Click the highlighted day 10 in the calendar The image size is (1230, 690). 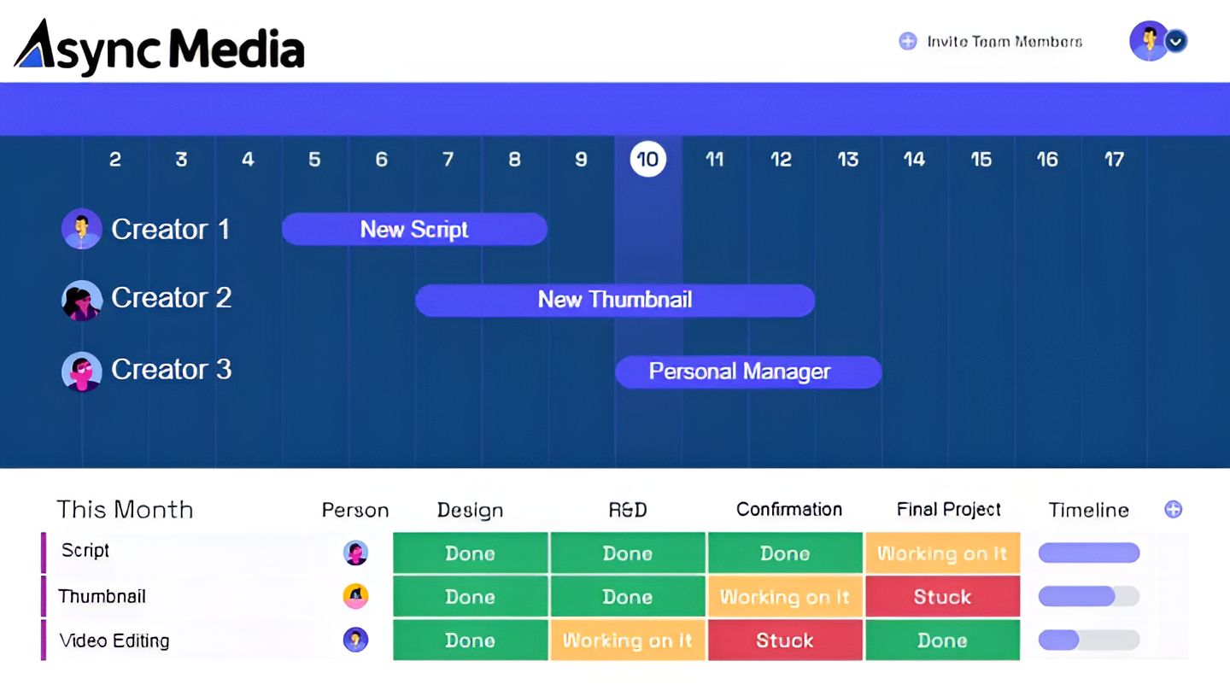pyautogui.click(x=648, y=159)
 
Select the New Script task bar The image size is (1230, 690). pyautogui.click(x=414, y=229)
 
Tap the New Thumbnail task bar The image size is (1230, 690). pyautogui.click(x=615, y=301)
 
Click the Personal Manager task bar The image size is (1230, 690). pyautogui.click(x=748, y=372)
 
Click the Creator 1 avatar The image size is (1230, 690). pyautogui.click(x=81, y=229)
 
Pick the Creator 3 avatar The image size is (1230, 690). pyautogui.click(x=81, y=371)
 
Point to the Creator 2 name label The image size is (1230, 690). pyautogui.click(x=172, y=297)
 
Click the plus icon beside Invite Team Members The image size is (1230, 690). pyautogui.click(x=908, y=41)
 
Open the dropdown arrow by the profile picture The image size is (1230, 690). pyautogui.click(x=1175, y=41)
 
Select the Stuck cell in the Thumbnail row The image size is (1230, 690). pyautogui.click(x=943, y=597)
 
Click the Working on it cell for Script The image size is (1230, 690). pyautogui.click(x=943, y=553)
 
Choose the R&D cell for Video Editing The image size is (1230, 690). pyautogui.click(x=628, y=640)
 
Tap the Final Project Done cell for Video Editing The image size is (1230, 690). pyautogui.click(x=943, y=640)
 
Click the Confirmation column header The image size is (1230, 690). pyautogui.click(x=789, y=510)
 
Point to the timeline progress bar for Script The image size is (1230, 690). pyautogui.click(x=1089, y=553)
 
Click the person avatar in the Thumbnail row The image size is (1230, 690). pyautogui.click(x=356, y=596)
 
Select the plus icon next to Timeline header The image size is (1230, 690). pyautogui.click(x=1174, y=510)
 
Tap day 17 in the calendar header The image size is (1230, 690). pyautogui.click(x=1114, y=159)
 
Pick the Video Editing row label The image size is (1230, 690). pyautogui.click(x=114, y=640)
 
